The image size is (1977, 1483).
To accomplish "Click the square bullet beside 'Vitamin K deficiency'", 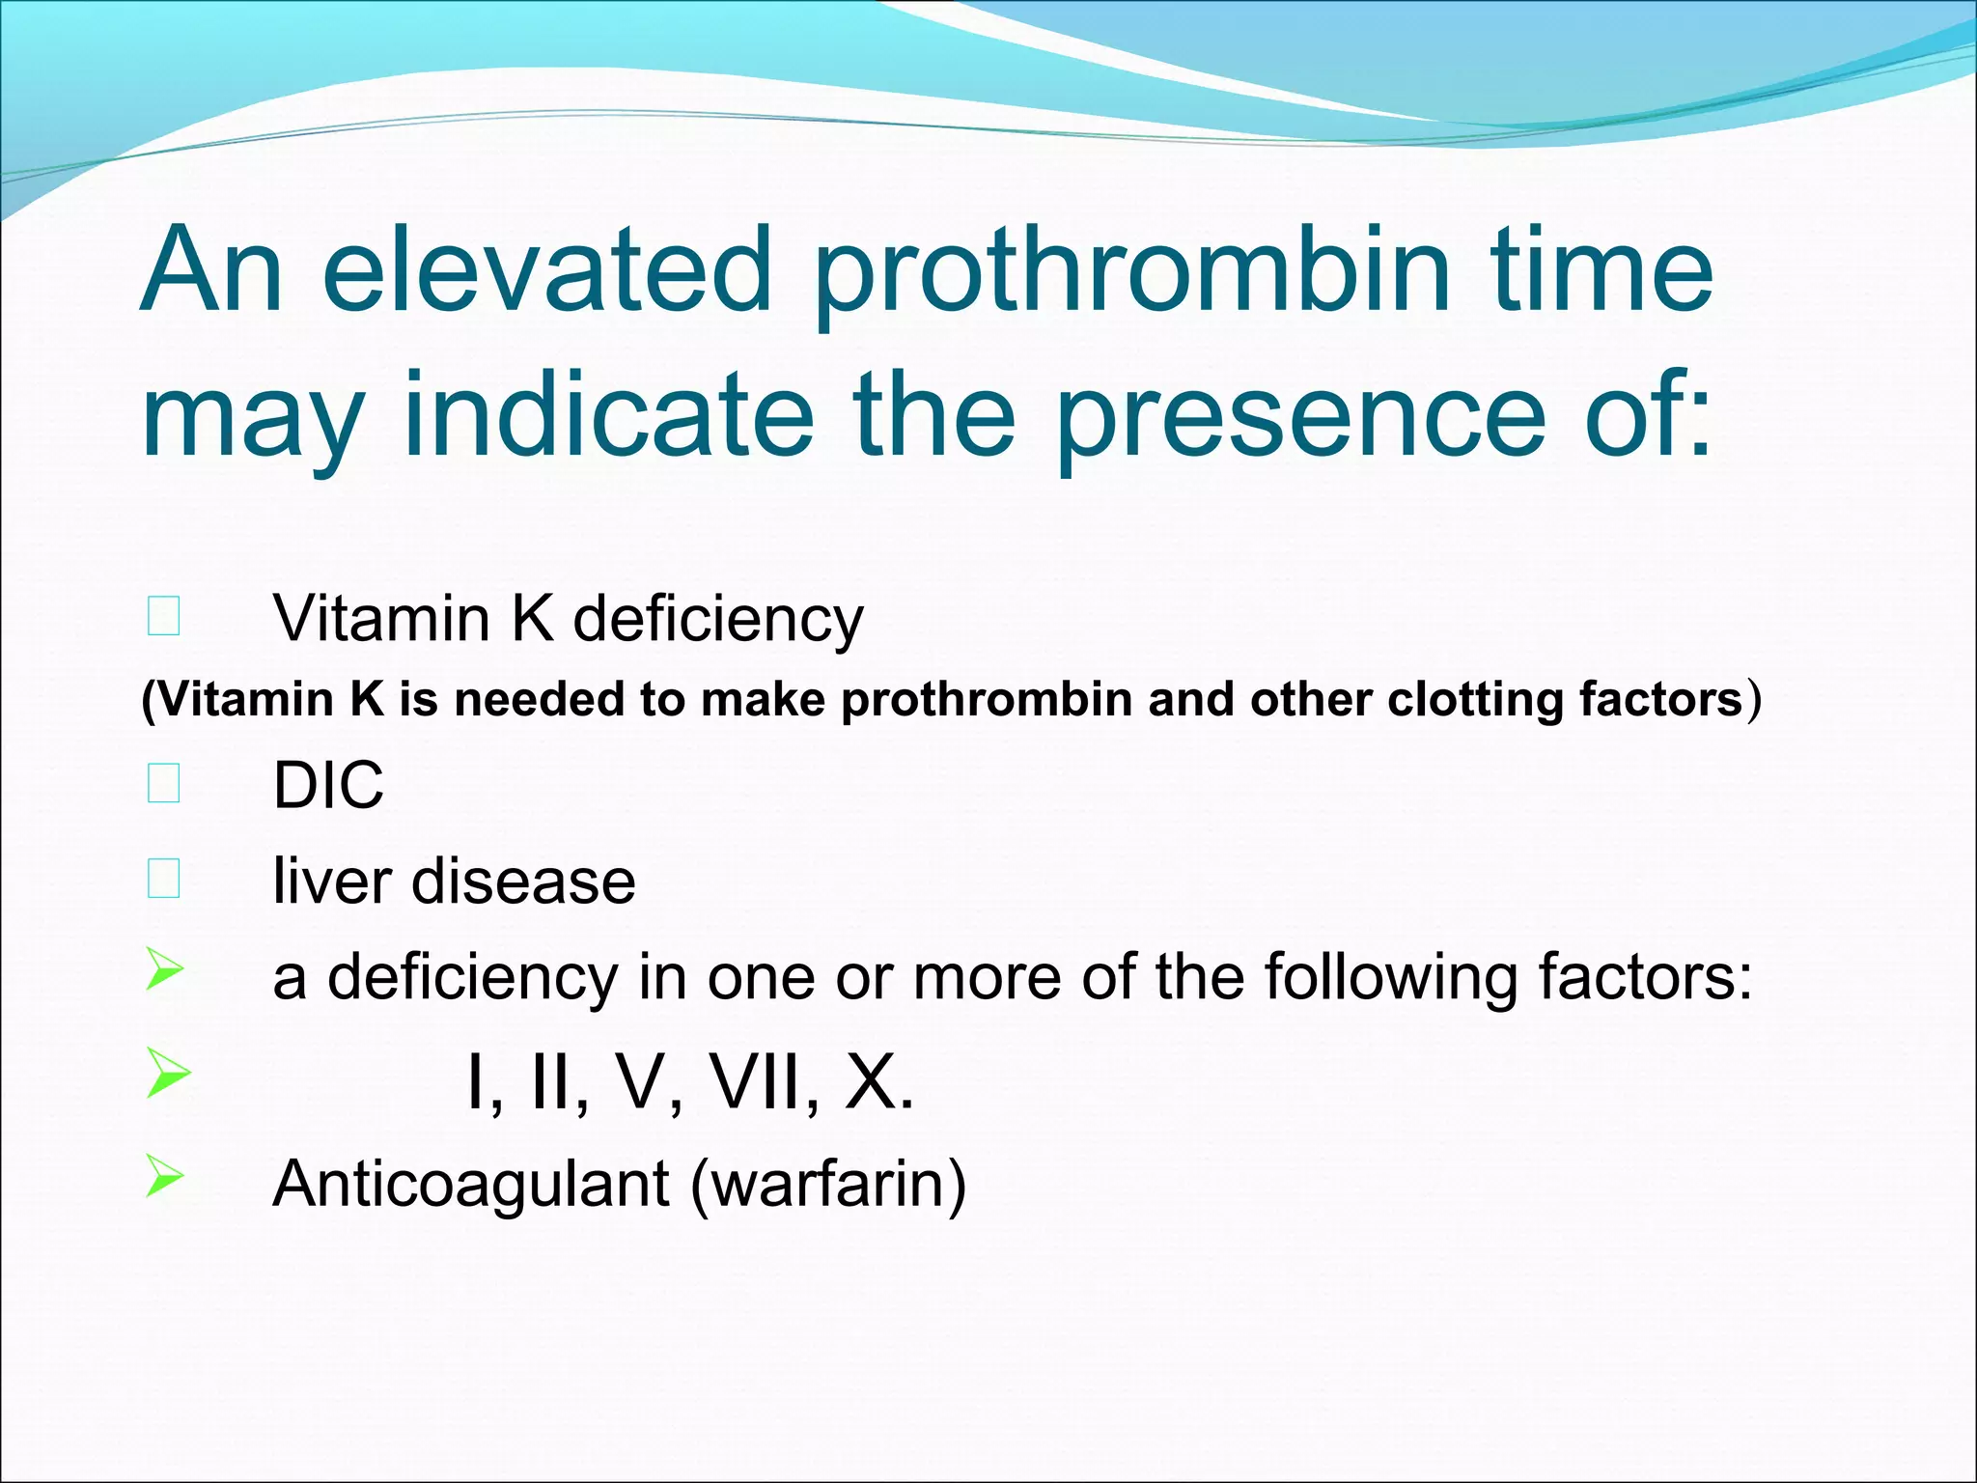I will tap(164, 616).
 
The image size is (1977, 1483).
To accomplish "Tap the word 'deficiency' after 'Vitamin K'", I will tap(718, 620).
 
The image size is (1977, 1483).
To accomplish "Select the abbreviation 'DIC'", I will tap(328, 785).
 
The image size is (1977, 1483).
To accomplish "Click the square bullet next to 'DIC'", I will tap(164, 783).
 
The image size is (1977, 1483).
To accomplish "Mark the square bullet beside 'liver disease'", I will tap(164, 879).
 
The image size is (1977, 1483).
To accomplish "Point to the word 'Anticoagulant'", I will tap(471, 1186).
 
